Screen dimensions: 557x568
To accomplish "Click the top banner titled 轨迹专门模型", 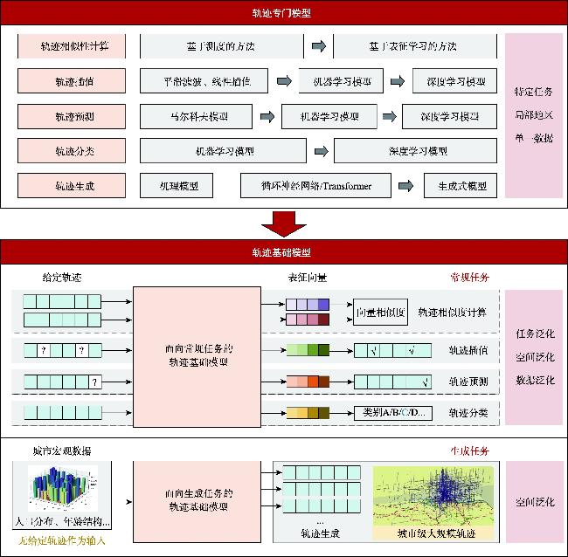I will point(284,14).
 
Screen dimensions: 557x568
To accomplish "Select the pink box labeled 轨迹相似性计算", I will point(69,46).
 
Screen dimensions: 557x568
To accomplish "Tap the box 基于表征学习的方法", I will point(414,46).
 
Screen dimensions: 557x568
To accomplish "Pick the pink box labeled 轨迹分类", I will point(69,151).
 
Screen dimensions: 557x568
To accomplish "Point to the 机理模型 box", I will point(179,186).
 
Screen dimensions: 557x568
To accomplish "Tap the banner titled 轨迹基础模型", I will point(284,252).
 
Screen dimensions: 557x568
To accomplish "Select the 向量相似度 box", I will point(380,312).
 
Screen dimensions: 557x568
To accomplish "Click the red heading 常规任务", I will point(469,277).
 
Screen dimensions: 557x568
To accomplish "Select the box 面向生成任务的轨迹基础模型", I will point(197,499).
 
